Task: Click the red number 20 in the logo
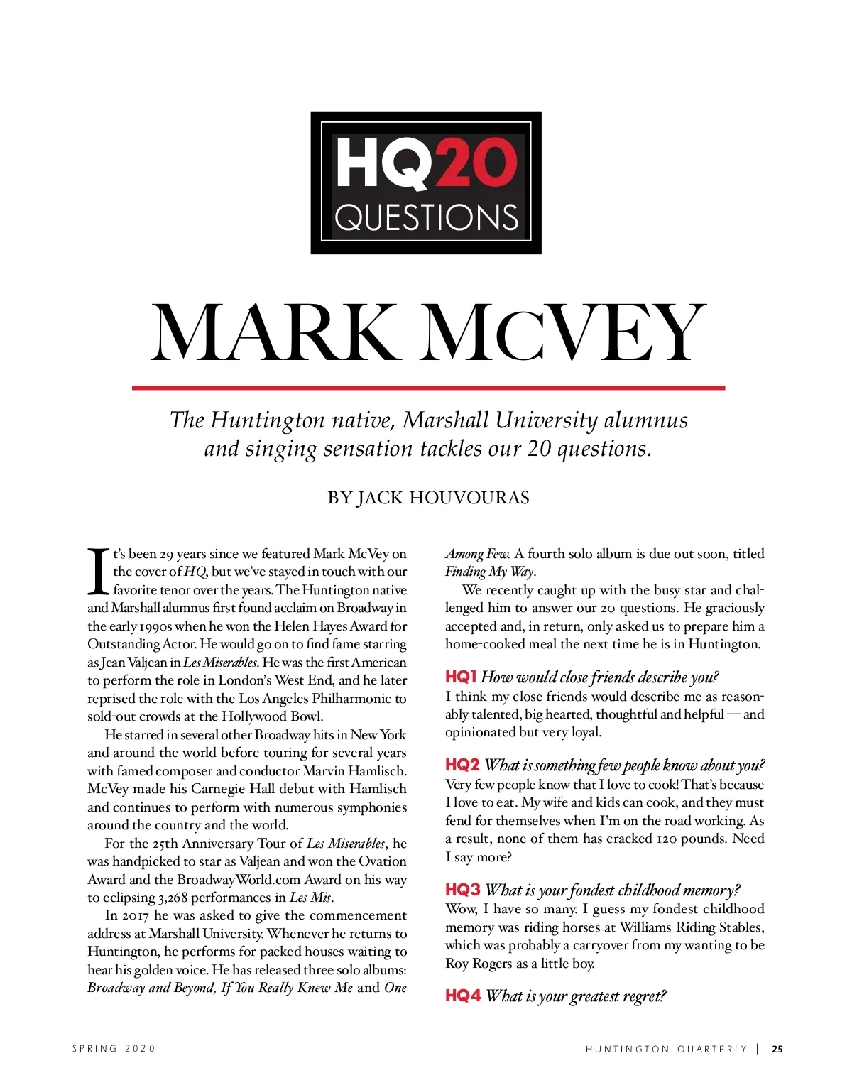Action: [474, 164]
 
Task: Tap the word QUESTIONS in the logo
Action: [426, 217]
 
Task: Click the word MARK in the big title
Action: [275, 333]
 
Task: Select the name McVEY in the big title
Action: [564, 333]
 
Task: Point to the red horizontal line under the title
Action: [428, 388]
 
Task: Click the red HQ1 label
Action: [461, 677]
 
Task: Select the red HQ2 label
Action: [462, 765]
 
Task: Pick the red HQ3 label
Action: [462, 890]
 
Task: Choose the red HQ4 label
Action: [462, 996]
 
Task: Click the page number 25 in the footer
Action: [777, 1049]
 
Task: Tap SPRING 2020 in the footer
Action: [114, 1049]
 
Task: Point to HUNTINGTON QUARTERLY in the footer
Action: [666, 1049]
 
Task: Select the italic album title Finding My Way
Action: [489, 572]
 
